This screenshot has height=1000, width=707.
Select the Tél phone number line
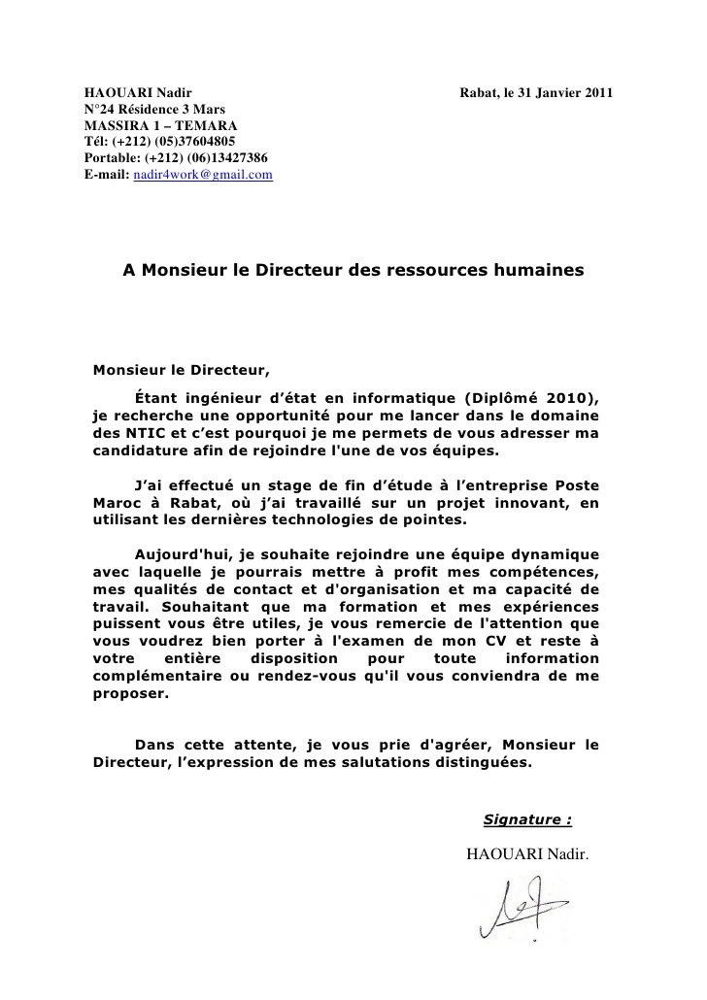click(146, 141)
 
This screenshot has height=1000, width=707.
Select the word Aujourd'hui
click(182, 553)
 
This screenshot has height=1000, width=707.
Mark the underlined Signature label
click(526, 819)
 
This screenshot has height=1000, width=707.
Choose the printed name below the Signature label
click(527, 853)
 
